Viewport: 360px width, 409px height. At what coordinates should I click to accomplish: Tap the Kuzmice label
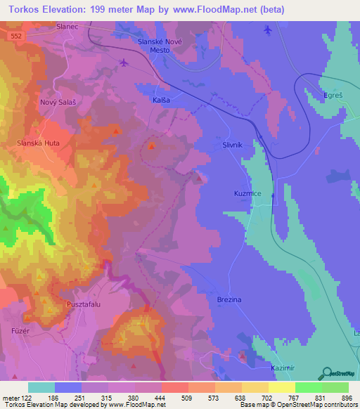pyautogui.click(x=247, y=193)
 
